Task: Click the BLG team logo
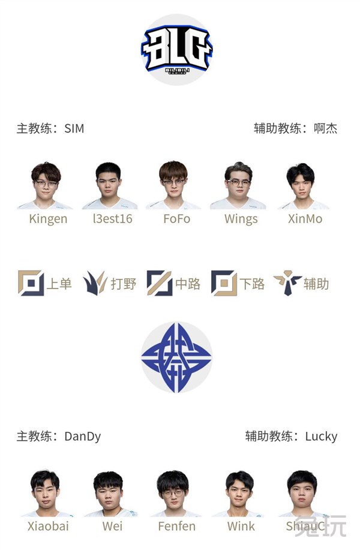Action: (x=177, y=49)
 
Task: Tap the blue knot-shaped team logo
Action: (x=177, y=357)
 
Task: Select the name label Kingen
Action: (x=48, y=219)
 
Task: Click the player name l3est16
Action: (x=113, y=219)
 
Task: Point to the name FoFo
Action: (x=177, y=219)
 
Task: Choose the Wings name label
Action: (x=241, y=219)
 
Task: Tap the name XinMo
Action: (x=305, y=219)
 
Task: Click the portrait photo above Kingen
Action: (x=46, y=185)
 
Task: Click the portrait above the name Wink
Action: (x=239, y=493)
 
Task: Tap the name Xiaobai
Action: (x=48, y=526)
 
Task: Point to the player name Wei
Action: (x=112, y=526)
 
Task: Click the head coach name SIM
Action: (x=74, y=128)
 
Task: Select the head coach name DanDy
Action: (x=83, y=436)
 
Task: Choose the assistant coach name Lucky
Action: (x=321, y=436)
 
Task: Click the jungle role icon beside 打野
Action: (x=95, y=282)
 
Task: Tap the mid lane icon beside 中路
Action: (x=159, y=282)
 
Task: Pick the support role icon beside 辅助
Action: (x=287, y=282)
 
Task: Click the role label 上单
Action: (x=59, y=284)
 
